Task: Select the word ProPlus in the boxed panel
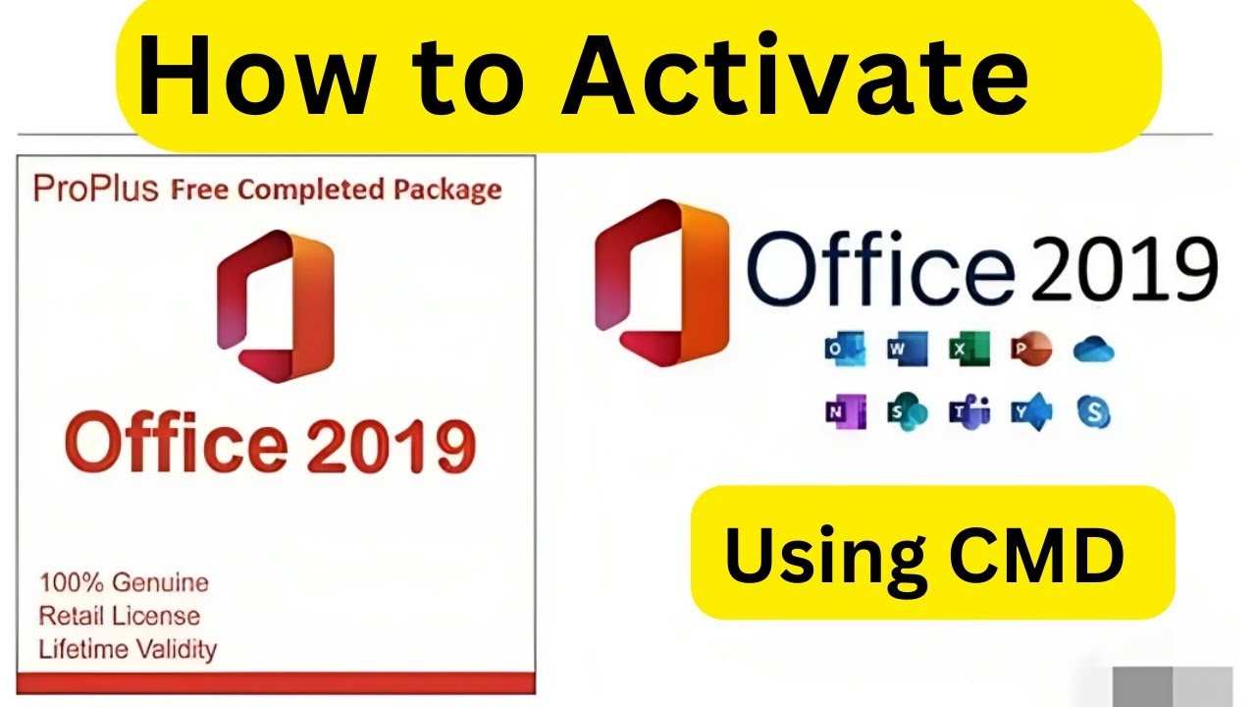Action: (x=95, y=189)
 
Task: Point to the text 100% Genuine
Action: (x=124, y=582)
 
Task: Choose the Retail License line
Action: (x=119, y=616)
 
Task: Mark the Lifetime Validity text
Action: (x=128, y=649)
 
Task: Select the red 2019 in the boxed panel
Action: (x=392, y=444)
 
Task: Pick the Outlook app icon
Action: (x=844, y=350)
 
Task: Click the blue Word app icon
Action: (x=906, y=350)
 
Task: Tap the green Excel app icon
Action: (x=968, y=350)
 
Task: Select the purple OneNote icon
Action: (x=844, y=413)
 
